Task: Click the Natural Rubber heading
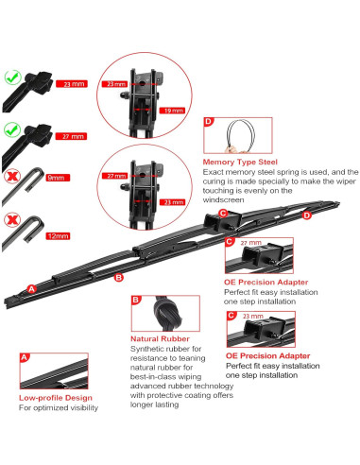click(x=160, y=337)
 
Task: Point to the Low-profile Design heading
click(x=55, y=398)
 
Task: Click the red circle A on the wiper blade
click(x=31, y=288)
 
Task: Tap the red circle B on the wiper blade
click(x=118, y=277)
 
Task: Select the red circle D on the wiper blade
click(x=307, y=215)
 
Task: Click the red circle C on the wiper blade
click(x=223, y=214)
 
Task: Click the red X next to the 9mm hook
click(x=12, y=177)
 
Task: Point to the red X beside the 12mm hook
click(x=12, y=220)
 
